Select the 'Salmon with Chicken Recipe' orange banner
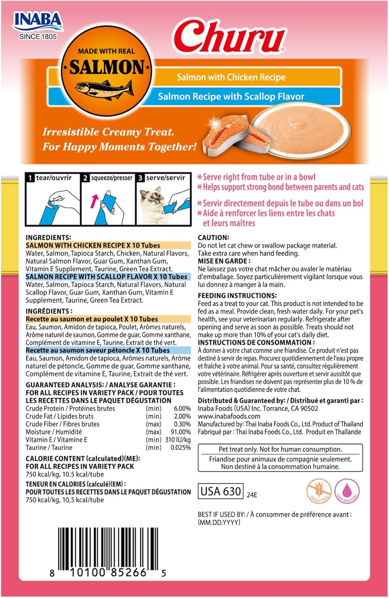(x=231, y=77)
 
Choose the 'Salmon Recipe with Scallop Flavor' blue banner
(x=231, y=96)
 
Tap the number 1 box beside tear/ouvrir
(x=30, y=178)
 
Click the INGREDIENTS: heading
(x=48, y=237)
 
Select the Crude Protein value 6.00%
(x=182, y=409)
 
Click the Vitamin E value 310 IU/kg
(x=178, y=440)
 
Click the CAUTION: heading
(x=213, y=238)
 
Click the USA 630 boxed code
(x=220, y=491)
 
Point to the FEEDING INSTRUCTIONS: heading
(x=237, y=295)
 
